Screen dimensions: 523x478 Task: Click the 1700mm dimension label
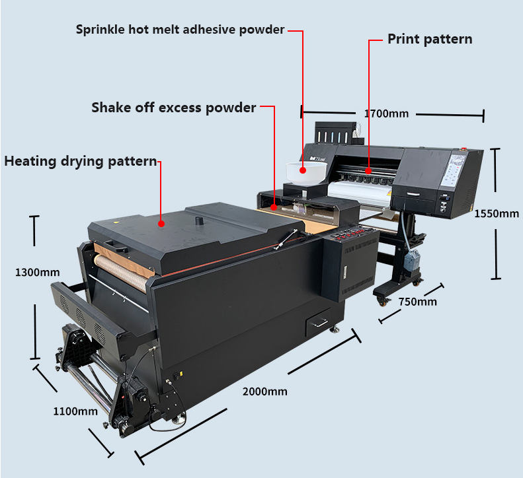tap(386, 114)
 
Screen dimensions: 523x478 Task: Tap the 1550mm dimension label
tap(497, 213)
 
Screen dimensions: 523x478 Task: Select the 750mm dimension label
tap(418, 302)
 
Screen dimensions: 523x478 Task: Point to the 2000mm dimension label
tap(264, 391)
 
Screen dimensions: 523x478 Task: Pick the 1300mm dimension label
tap(38, 272)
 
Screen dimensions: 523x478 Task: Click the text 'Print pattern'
tap(430, 39)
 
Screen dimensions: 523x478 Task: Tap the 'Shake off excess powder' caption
tap(173, 107)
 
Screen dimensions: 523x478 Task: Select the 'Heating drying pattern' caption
tap(81, 161)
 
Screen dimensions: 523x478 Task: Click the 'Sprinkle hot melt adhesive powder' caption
tap(180, 30)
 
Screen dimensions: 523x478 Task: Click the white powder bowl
tap(305, 172)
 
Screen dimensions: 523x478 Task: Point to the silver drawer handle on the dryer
tap(321, 322)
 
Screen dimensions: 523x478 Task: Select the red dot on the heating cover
tap(161, 223)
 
